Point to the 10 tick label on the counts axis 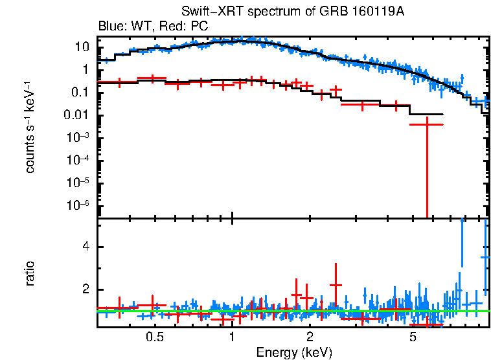(82, 47)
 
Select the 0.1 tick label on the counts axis (80, 93)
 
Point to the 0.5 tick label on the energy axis (154, 338)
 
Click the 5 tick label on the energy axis (413, 338)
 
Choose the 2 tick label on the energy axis (310, 338)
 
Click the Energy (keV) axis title (294, 352)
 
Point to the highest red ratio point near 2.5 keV (336, 285)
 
